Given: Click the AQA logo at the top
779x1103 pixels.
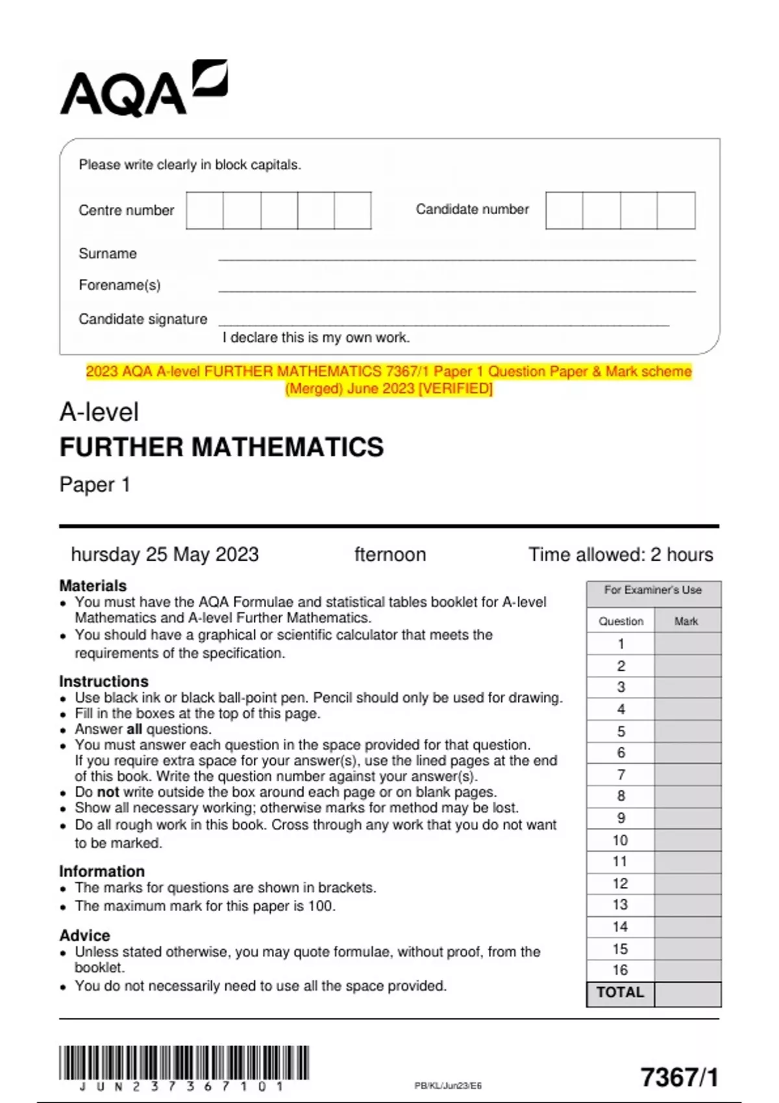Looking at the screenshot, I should [x=143, y=90].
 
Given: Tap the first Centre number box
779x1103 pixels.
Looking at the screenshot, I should [x=204, y=210].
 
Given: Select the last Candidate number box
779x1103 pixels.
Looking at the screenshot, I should [x=676, y=210].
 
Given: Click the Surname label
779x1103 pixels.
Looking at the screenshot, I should [x=108, y=254].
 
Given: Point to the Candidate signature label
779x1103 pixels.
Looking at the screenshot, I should [x=143, y=319].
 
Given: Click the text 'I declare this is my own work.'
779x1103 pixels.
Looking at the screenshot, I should [x=316, y=337].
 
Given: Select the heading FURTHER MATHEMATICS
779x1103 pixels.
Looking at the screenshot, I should [x=221, y=447].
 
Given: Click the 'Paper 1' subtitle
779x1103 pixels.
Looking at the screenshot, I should [x=95, y=485].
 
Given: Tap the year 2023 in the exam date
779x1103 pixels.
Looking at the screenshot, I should [x=237, y=555].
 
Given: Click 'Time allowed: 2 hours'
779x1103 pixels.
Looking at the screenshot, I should [x=620, y=555].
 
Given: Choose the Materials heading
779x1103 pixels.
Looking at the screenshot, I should [x=93, y=585].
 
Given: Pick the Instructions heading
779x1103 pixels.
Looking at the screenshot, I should [x=104, y=681].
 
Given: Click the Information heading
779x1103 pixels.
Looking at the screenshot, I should [x=102, y=871].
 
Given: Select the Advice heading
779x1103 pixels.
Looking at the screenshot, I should [x=84, y=936].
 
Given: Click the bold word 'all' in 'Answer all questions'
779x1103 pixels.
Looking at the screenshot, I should [x=134, y=729].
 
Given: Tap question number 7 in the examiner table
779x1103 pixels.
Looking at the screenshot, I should [x=621, y=775].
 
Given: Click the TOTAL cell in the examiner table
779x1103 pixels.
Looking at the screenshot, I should [x=620, y=993].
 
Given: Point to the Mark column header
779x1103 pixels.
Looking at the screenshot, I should [x=686, y=621].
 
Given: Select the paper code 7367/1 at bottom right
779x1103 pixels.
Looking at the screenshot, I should [x=679, y=1077].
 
